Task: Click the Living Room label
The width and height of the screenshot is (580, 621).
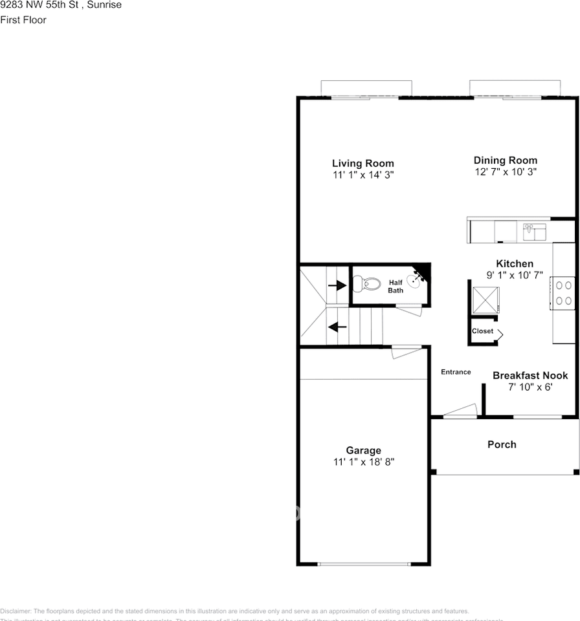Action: coord(362,164)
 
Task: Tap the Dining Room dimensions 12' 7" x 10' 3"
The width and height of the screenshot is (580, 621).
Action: coord(505,172)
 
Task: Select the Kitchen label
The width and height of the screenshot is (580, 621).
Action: coord(515,264)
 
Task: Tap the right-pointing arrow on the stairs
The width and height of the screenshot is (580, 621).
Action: coord(337,285)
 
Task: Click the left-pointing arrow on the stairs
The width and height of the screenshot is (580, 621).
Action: coord(337,327)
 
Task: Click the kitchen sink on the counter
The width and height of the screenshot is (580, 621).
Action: coord(534,230)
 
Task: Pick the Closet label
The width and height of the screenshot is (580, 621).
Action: coord(482,331)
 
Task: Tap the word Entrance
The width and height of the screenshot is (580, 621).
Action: coord(456,372)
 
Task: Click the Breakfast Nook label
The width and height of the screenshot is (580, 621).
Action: coord(530,375)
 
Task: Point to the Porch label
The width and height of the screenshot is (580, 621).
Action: coord(502,444)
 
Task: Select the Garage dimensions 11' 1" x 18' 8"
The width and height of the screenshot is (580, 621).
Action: coord(363,462)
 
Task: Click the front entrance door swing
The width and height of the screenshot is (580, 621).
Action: coord(463,410)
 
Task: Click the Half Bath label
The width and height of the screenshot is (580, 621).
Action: coord(396,287)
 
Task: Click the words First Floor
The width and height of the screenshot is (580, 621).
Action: coord(23,20)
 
